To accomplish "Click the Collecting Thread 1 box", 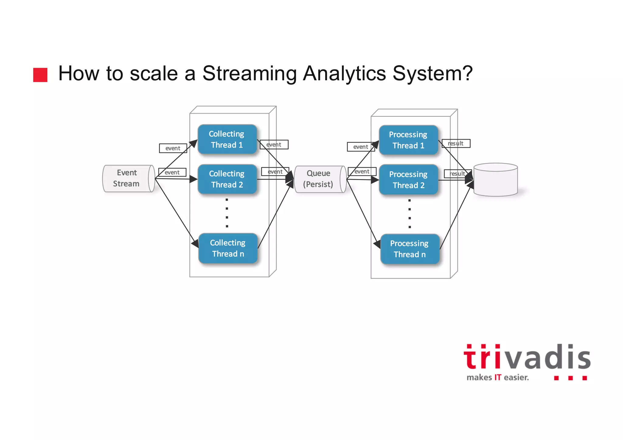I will (227, 139).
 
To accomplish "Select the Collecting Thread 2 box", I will (227, 179).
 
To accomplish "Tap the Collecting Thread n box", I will (228, 248).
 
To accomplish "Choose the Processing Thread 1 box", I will (408, 140).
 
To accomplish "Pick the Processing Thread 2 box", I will (408, 180).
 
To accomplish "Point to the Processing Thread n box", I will (409, 249).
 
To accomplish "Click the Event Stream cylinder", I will (128, 178).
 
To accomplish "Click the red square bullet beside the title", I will (40, 75).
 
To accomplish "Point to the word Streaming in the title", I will (249, 74).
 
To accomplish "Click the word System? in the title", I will (433, 74).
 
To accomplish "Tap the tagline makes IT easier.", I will (498, 378).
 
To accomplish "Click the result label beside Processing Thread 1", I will (456, 144).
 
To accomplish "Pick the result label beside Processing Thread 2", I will (458, 174).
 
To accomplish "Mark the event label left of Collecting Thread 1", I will (173, 148).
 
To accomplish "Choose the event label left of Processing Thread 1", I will (361, 147).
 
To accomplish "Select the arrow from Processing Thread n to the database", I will (456, 216).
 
